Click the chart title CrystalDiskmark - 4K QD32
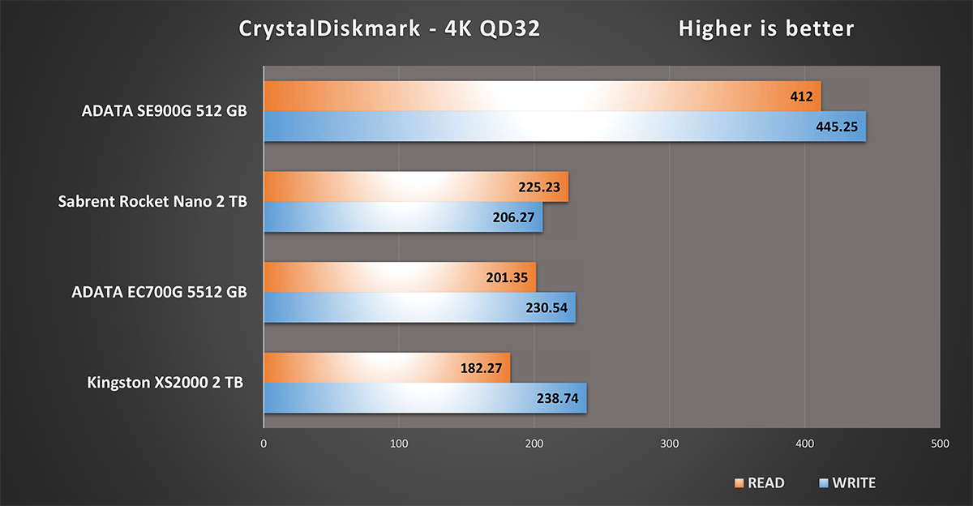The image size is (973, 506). point(389,29)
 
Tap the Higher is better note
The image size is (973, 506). point(766,29)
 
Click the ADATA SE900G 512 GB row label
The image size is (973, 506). point(165,112)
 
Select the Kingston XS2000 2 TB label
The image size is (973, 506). point(165,383)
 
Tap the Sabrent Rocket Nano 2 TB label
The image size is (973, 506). point(152,202)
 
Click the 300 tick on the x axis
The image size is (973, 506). point(669,444)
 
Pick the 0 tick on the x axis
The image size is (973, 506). point(264,444)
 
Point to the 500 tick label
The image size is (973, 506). point(939,444)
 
